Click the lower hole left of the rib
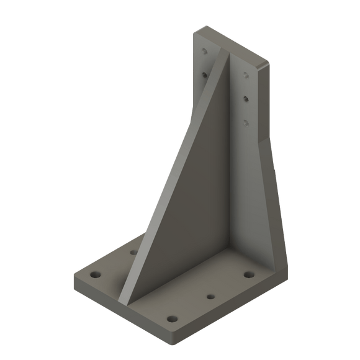point(202,74)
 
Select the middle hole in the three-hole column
point(246,97)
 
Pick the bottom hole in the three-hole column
point(246,122)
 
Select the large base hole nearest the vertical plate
point(249,274)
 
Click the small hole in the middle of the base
point(210,298)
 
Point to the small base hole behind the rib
point(133,252)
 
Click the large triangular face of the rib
point(180,186)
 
